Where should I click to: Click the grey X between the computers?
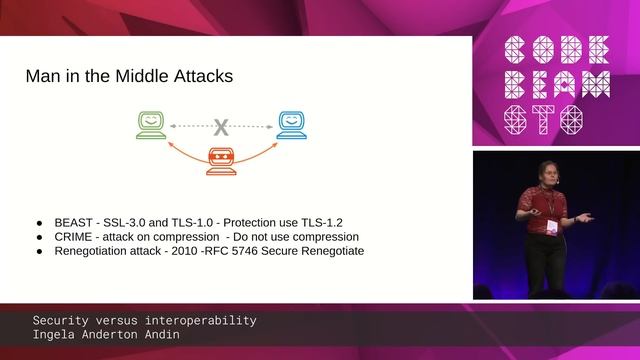(221, 126)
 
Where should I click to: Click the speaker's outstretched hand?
(587, 217)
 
